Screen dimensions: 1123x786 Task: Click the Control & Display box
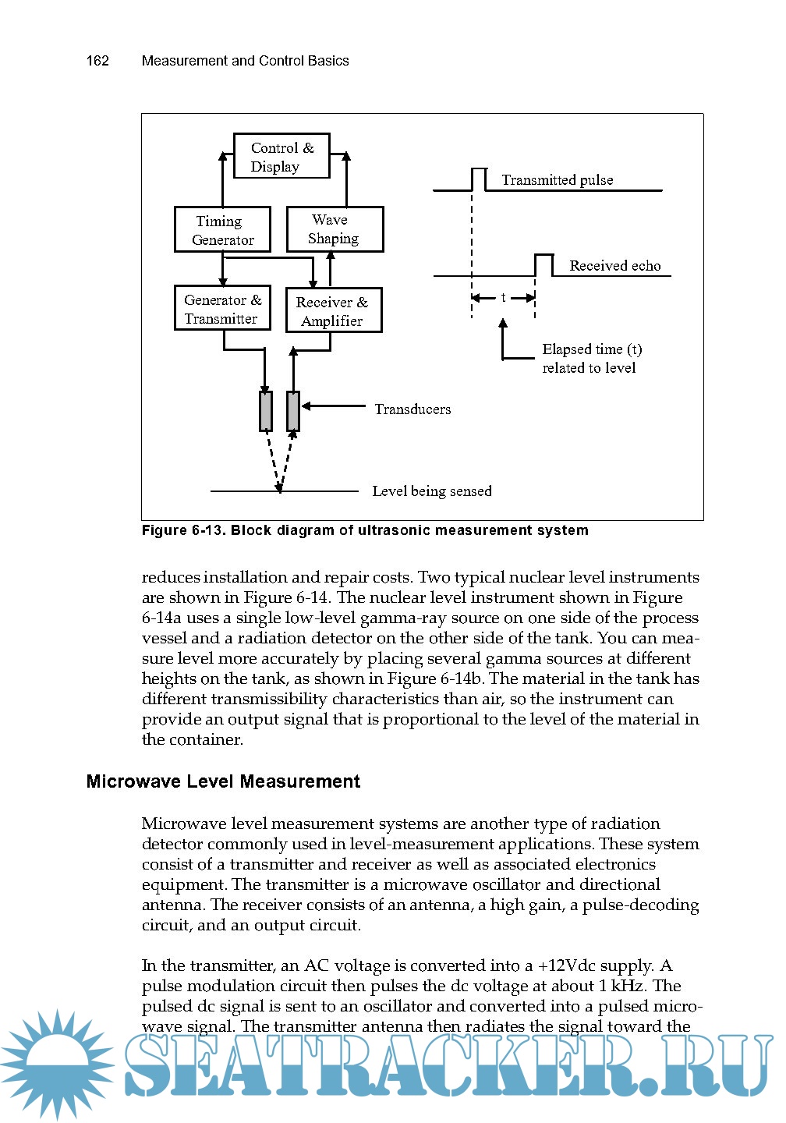coord(281,156)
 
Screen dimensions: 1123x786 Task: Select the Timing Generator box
coord(222,229)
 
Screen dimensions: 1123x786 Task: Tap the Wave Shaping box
coord(335,229)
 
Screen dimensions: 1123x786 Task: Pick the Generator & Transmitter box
coord(222,308)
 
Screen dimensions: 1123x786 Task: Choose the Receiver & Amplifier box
coord(334,310)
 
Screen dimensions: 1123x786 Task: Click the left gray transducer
coord(266,411)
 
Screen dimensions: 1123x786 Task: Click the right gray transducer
coord(293,411)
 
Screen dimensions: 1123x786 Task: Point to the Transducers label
coord(412,409)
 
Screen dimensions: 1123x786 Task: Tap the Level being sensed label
coord(432,491)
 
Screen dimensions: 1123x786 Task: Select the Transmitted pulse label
coord(557,180)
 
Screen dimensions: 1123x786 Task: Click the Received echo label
coord(614,266)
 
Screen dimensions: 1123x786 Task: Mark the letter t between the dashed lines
coord(504,297)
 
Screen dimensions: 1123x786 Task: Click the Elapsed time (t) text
coord(592,349)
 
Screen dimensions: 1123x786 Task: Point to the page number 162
coord(97,61)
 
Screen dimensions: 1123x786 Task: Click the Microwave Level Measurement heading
coord(223,781)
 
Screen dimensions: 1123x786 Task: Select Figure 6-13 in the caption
coord(183,530)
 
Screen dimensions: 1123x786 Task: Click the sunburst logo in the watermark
coord(56,1065)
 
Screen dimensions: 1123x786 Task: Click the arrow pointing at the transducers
coord(334,406)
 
